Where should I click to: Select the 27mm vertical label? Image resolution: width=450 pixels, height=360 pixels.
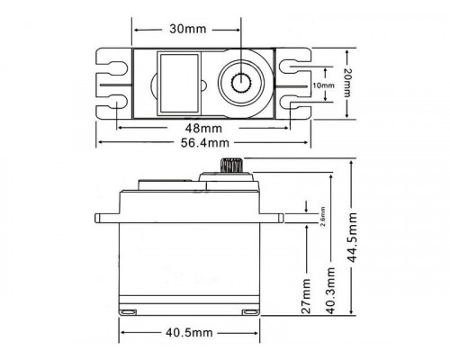coord(307,296)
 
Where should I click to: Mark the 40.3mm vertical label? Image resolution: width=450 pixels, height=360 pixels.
coord(330,283)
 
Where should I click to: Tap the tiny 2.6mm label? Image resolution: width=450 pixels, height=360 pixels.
coord(322,217)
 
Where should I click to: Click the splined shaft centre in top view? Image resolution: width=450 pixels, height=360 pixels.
coord(242,84)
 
